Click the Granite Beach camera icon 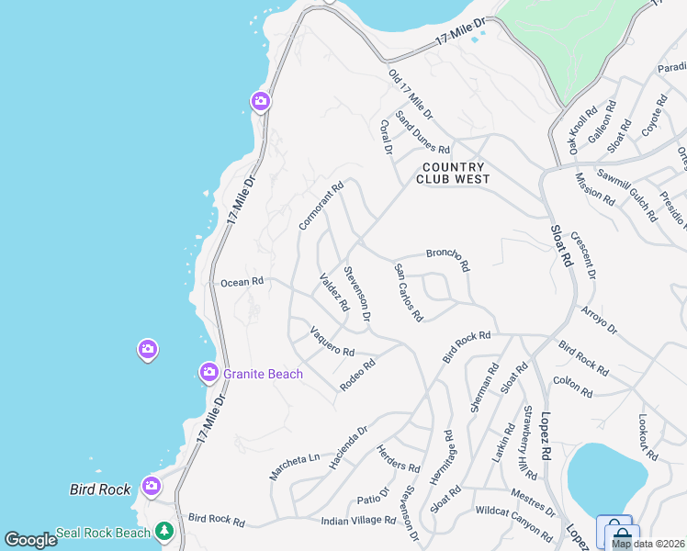click(x=209, y=372)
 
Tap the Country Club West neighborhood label click(x=453, y=173)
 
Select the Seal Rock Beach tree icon click(x=163, y=531)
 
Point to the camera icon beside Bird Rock click(x=152, y=486)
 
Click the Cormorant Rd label click(x=321, y=205)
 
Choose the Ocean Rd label click(x=242, y=282)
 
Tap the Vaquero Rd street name click(x=332, y=342)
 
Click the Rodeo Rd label click(x=358, y=375)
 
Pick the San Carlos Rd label click(x=409, y=293)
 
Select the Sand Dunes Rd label click(x=422, y=133)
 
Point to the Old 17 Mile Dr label click(x=411, y=95)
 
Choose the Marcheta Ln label click(x=294, y=466)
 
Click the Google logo click(x=30, y=539)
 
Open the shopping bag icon click(x=620, y=534)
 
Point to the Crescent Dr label click(x=583, y=255)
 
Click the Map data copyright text click(x=648, y=544)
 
